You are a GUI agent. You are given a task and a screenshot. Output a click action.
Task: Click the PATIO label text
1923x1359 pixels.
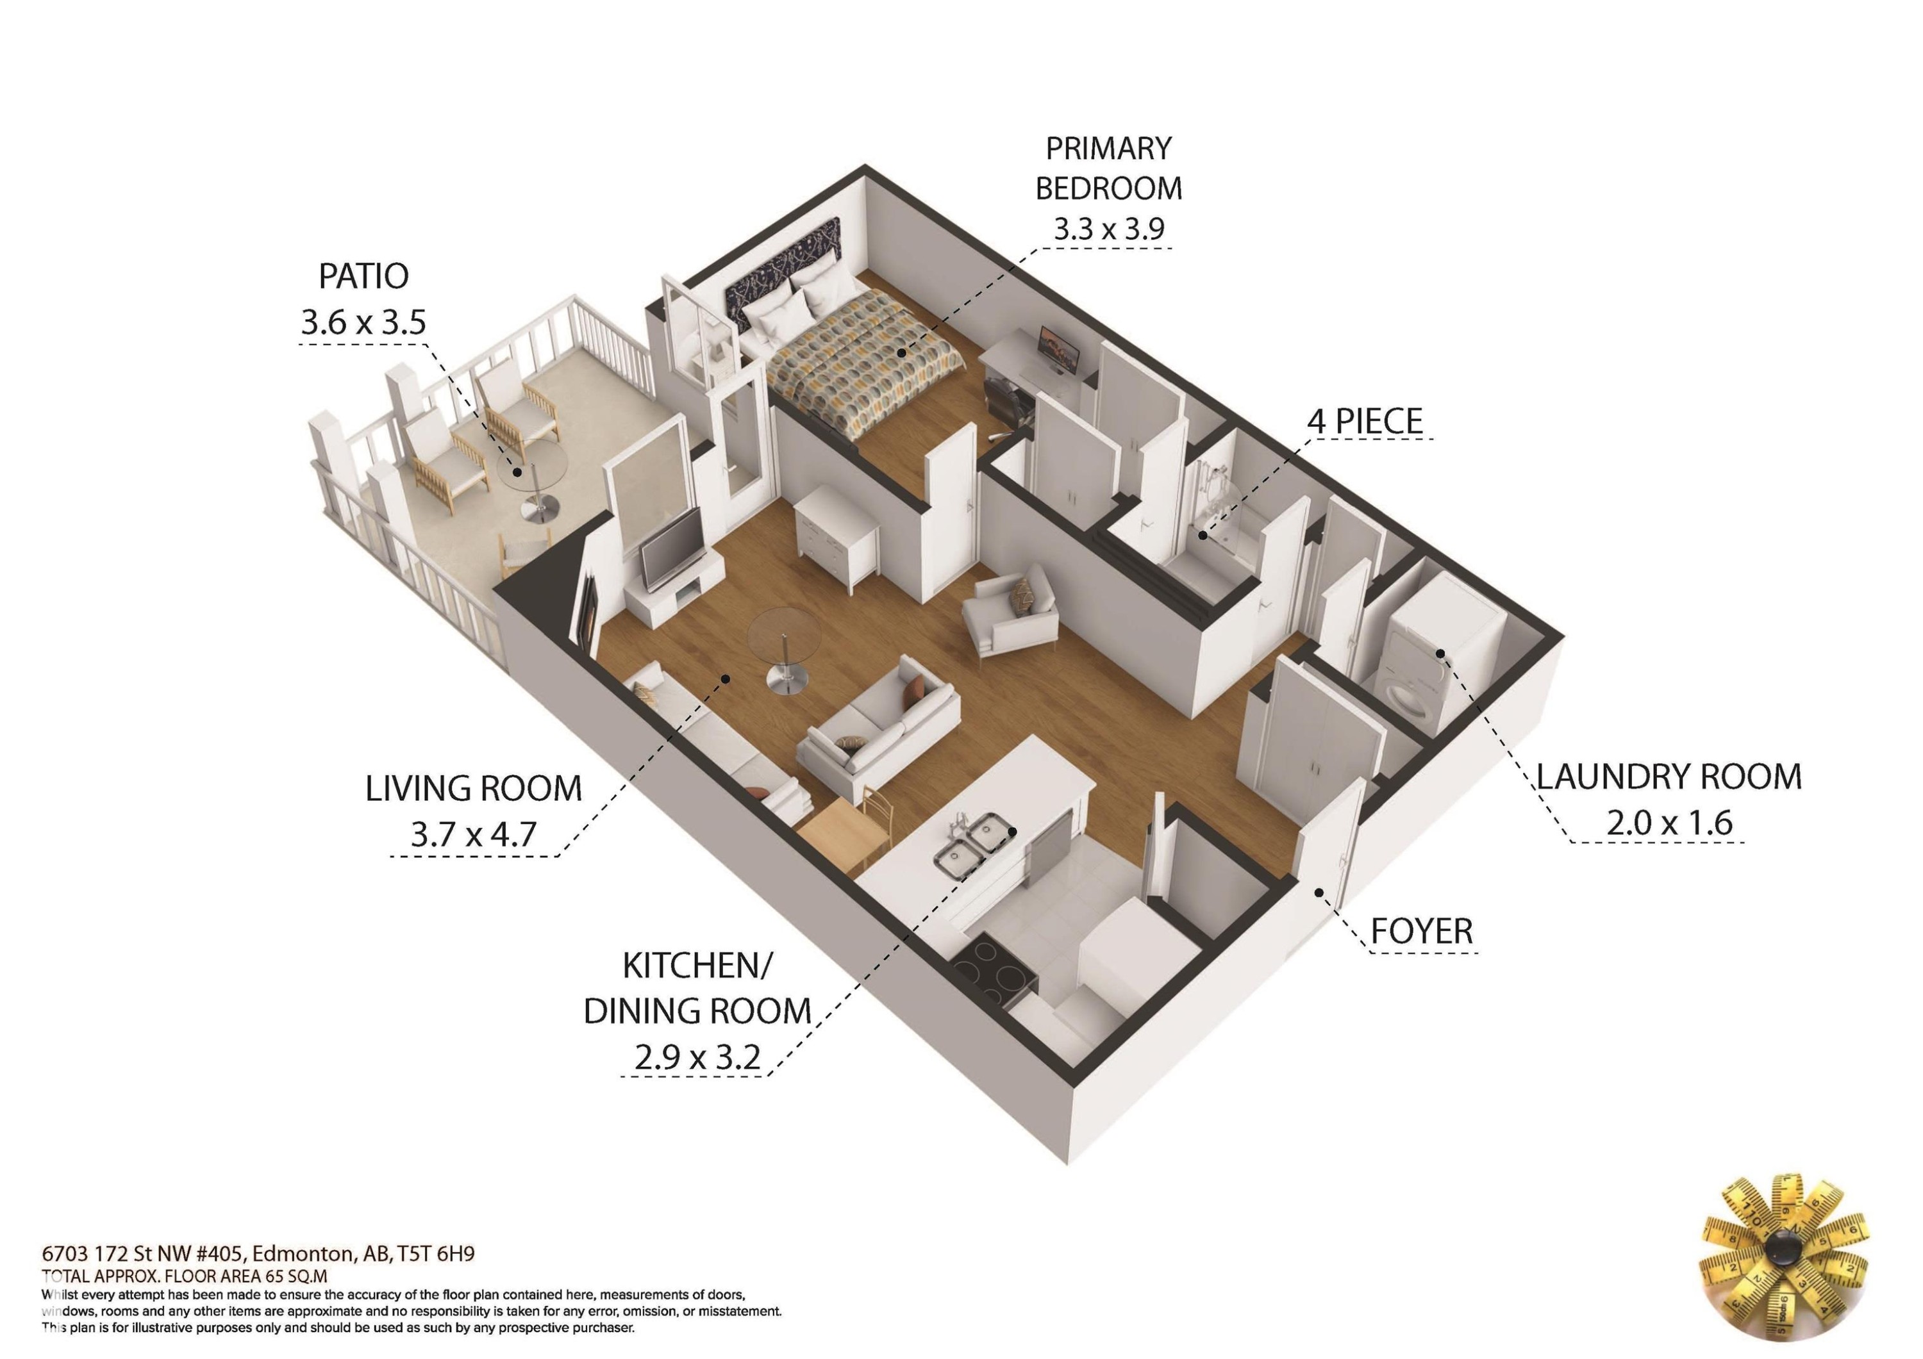coord(363,276)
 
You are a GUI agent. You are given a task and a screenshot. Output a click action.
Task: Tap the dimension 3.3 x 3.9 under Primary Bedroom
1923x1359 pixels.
coord(1108,229)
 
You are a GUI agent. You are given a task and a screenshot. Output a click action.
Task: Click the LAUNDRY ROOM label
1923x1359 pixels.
coord(1669,777)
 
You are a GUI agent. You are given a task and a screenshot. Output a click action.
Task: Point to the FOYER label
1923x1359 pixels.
coord(1421,931)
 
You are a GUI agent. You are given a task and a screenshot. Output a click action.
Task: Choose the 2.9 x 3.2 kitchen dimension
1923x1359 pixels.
coord(697,1058)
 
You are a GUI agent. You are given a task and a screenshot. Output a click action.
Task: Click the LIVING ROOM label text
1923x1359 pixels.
coord(473,789)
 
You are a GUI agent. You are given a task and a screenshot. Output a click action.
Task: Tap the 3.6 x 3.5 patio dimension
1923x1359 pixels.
coord(363,322)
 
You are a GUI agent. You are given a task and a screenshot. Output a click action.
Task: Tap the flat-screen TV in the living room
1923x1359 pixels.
coord(672,548)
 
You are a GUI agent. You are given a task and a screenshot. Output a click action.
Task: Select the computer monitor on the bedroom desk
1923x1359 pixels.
coord(1054,349)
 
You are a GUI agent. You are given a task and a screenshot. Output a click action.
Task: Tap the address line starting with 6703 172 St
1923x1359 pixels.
coord(258,1253)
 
